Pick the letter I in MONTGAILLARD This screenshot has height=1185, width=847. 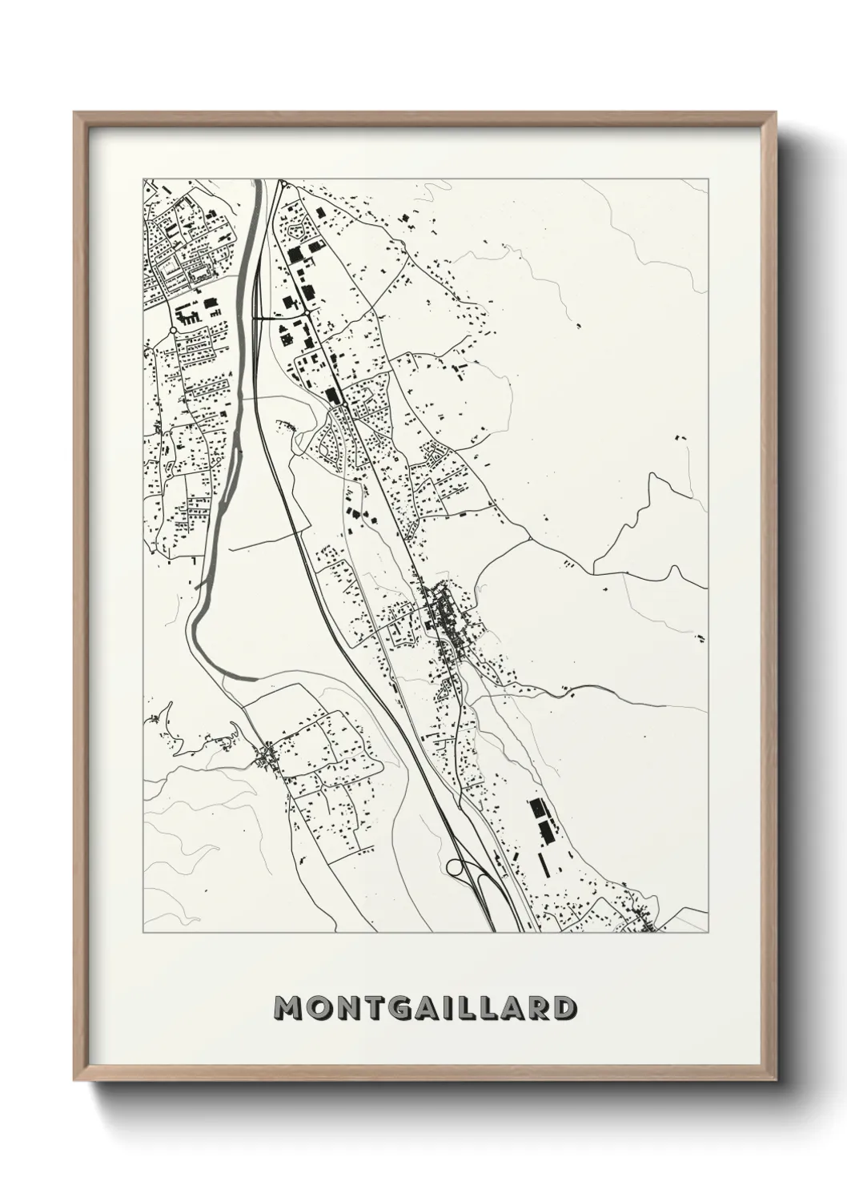446,1008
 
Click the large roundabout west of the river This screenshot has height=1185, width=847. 172,330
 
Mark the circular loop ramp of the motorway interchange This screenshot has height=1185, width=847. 456,866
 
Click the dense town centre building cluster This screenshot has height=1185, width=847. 445,617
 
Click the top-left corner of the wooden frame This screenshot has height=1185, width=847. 74,113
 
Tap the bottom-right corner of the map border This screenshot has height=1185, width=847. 708,933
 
